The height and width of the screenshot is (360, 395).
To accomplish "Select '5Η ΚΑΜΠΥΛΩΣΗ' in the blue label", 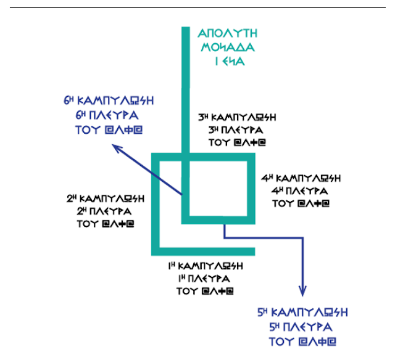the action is tap(302, 312).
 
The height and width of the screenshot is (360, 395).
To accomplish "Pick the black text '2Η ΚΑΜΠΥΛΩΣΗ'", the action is tap(105, 198).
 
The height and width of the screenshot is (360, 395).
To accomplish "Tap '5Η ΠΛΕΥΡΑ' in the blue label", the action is tap(302, 326).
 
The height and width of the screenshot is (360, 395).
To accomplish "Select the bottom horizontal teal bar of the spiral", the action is tap(204, 250).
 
